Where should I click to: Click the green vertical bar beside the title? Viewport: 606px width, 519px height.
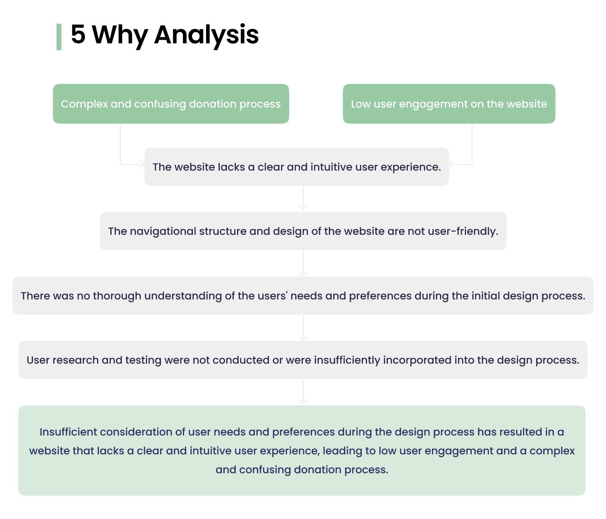tap(59, 37)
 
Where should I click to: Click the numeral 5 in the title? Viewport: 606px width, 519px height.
tap(78, 35)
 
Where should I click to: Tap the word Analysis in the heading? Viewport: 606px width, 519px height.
tap(206, 35)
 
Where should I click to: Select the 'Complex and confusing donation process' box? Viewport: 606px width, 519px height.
tap(171, 104)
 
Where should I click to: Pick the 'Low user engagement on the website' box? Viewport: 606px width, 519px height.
tap(449, 104)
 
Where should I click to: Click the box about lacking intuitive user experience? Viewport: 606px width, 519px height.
tap(296, 167)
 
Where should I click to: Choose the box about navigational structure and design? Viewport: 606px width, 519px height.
tap(303, 231)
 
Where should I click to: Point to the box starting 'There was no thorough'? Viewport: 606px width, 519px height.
tap(303, 295)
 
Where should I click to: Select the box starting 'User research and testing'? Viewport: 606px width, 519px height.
tap(303, 360)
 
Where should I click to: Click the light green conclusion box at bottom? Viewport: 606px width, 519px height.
tap(302, 450)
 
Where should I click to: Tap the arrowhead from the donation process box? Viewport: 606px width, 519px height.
tap(141, 164)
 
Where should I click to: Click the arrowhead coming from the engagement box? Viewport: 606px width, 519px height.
tap(452, 164)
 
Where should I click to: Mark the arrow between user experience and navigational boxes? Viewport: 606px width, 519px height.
tap(303, 199)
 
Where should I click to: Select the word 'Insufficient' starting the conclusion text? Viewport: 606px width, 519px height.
tap(68, 432)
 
